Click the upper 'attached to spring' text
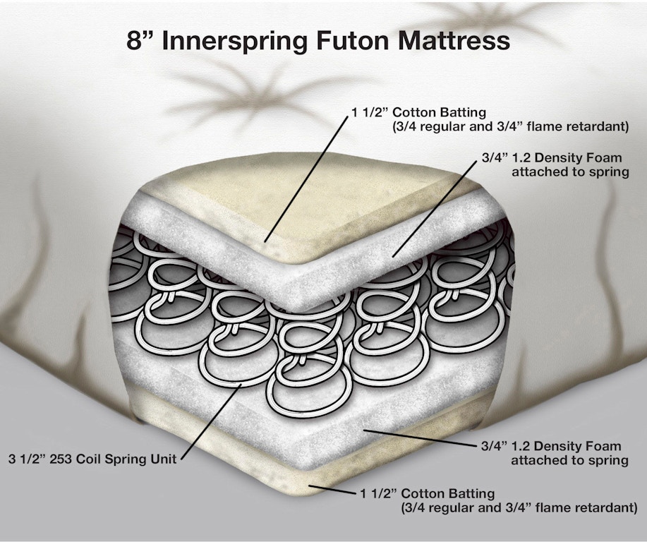point(570,172)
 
